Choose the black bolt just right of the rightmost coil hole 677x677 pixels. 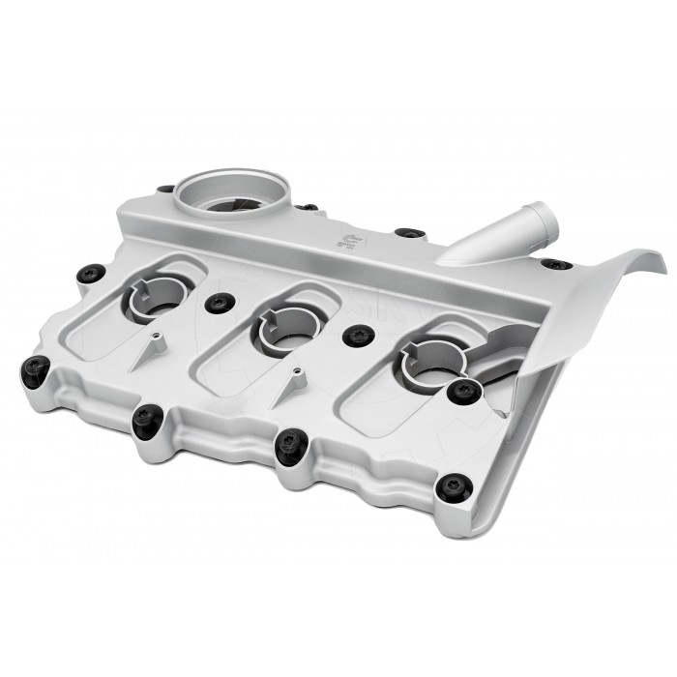click(x=464, y=390)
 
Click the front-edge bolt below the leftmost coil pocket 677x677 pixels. click(x=146, y=418)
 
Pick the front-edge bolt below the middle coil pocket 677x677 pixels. click(x=288, y=445)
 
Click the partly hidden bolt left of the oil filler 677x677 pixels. click(x=166, y=190)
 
